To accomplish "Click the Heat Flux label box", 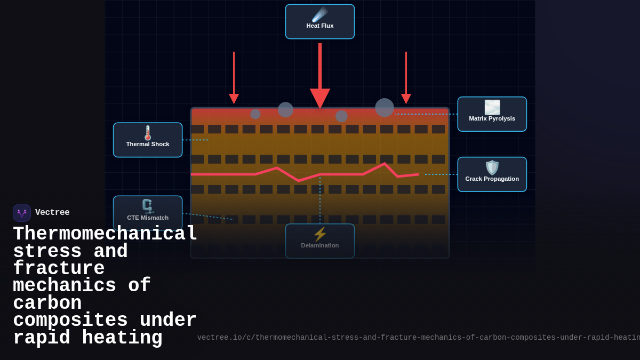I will click(320, 22).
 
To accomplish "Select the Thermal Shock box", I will click(148, 140).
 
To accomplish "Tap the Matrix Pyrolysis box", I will click(492, 114).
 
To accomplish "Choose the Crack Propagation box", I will click(492, 174).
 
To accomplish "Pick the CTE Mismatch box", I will click(148, 213).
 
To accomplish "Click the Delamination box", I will click(320, 241).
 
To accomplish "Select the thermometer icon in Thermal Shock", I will click(148, 133).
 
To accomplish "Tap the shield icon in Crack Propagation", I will click(492, 167).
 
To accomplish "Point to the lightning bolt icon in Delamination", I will click(320, 234).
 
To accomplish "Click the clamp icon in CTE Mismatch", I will click(147, 206).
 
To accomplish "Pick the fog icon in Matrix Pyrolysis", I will click(492, 107).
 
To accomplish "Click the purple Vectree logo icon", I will click(22, 213).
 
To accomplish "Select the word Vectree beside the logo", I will click(52, 213).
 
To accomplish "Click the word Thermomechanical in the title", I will click(105, 234).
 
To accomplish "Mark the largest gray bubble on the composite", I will click(385, 108).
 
